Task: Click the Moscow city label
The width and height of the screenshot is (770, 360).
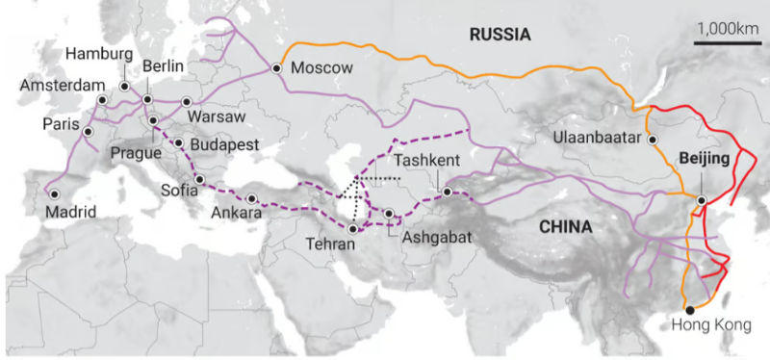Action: coord(321,68)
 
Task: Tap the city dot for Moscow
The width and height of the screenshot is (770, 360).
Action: coord(277,68)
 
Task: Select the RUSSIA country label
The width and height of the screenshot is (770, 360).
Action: coord(500,36)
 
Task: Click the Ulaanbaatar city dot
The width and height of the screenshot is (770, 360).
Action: coord(654,140)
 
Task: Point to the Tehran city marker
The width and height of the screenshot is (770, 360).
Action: coord(353,229)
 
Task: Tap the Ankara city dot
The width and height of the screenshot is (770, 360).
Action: coord(251,199)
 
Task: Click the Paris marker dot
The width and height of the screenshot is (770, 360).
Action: coord(88,132)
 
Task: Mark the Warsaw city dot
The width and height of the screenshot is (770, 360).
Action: coord(186,101)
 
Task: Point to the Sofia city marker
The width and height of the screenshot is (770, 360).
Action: coord(199,180)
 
